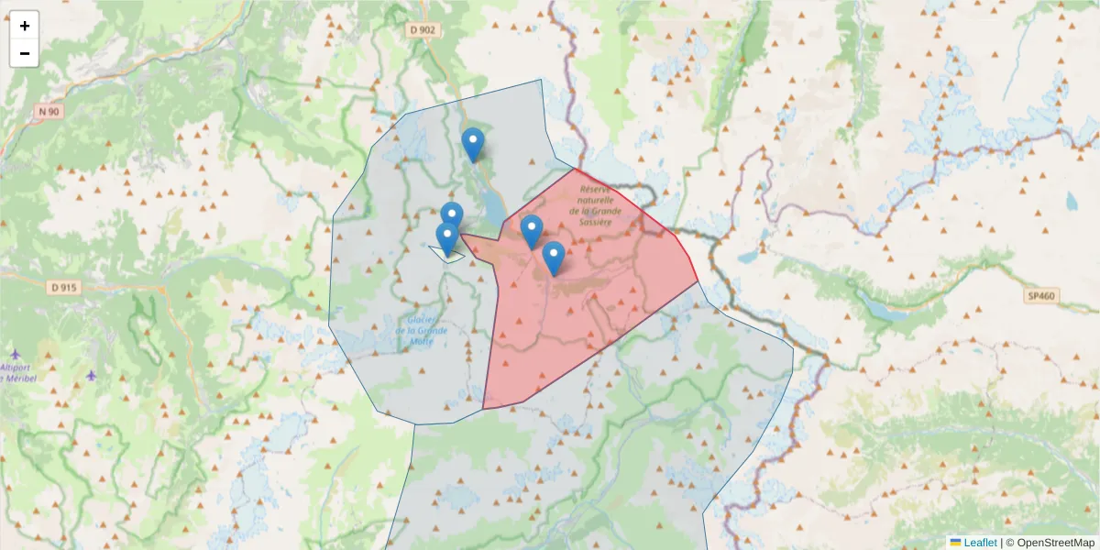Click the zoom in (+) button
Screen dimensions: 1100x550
tap(25, 26)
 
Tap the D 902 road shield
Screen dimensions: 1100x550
tap(422, 29)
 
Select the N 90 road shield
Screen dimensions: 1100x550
tap(49, 112)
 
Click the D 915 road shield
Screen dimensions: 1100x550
tap(65, 287)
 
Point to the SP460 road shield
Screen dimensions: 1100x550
tap(1042, 296)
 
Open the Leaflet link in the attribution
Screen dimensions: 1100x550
tap(980, 543)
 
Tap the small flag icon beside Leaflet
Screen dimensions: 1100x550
tap(955, 543)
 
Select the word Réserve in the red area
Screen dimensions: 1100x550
tap(595, 188)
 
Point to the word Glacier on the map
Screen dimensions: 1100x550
tap(412, 320)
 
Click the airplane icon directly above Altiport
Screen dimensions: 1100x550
tap(16, 354)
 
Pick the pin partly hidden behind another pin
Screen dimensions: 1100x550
tap(452, 214)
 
